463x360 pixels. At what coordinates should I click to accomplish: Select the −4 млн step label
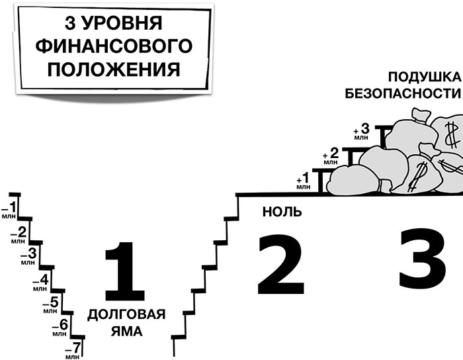pyautogui.click(x=42, y=280)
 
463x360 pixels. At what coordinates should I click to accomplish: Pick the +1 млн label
pyautogui.click(x=304, y=181)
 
